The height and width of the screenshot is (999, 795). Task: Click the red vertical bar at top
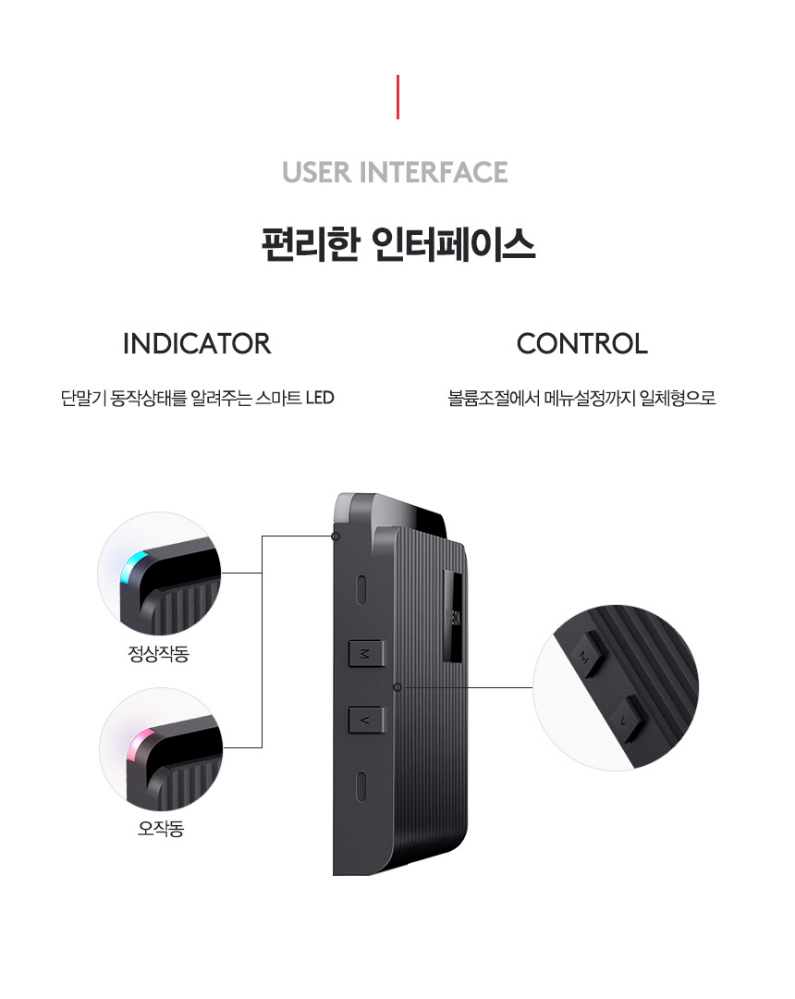coord(397,97)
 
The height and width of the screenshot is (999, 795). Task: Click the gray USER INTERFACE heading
coord(395,172)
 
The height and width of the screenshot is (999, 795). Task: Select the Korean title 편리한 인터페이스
coord(397,246)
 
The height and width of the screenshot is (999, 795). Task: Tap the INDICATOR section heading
coord(197,344)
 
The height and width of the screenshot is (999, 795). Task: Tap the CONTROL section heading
coord(581,344)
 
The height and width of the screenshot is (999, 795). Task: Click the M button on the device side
coord(363,653)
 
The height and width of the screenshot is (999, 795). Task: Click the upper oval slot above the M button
coord(363,588)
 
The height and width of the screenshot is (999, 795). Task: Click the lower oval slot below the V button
coord(363,786)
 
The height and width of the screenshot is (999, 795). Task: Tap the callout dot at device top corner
coord(336,536)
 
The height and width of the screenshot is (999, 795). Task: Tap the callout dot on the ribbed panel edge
coord(397,687)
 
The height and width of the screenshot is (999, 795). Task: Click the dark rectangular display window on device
coord(454,616)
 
